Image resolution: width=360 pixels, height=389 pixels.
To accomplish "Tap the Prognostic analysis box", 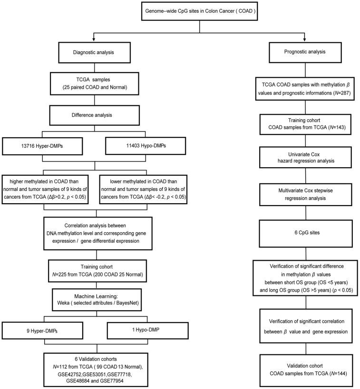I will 304,53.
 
